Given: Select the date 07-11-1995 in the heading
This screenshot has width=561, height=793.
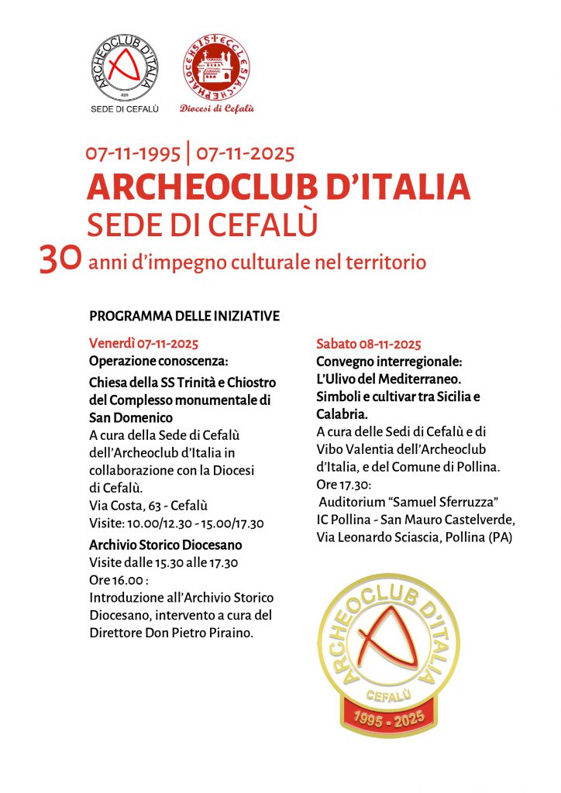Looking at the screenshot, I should coord(133,153).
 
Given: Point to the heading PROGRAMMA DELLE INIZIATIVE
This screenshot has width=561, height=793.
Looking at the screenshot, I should coord(184,316).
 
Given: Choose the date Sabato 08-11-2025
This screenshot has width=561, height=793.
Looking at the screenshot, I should coord(369,344).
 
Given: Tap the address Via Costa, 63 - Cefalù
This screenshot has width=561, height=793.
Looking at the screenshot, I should coord(148,506).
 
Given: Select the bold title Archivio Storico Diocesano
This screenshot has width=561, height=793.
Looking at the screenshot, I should coord(166,544).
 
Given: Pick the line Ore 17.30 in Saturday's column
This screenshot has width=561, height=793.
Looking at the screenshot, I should coord(344,484).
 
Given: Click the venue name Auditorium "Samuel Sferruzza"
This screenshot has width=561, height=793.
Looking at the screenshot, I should coord(408,501).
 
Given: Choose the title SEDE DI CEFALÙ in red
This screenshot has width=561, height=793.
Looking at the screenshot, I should coord(203,225).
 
